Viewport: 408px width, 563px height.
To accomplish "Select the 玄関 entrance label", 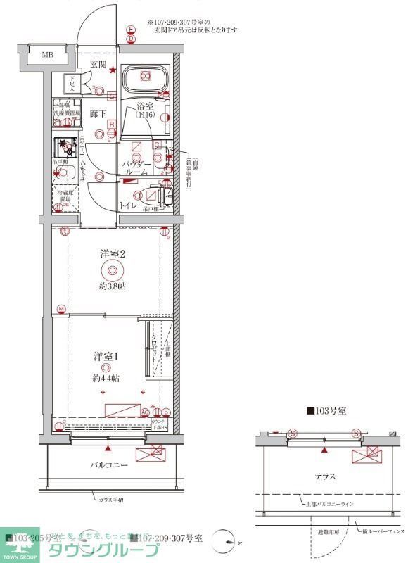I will click(x=97, y=65).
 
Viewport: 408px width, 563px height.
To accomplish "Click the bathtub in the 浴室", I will click(x=144, y=78).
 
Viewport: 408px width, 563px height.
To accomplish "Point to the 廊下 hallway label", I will click(x=98, y=113).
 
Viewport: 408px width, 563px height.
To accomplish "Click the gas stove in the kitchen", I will click(x=67, y=148).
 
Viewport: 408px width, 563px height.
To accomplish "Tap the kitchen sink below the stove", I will click(x=65, y=175).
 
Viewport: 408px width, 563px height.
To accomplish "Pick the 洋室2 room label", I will click(x=112, y=254).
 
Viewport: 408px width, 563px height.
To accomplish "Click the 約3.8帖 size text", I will click(x=112, y=286).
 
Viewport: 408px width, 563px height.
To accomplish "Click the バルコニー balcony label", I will click(x=108, y=465).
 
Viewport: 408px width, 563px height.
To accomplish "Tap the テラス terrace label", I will click(x=324, y=476).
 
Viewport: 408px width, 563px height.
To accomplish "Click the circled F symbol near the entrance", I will click(x=131, y=29).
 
